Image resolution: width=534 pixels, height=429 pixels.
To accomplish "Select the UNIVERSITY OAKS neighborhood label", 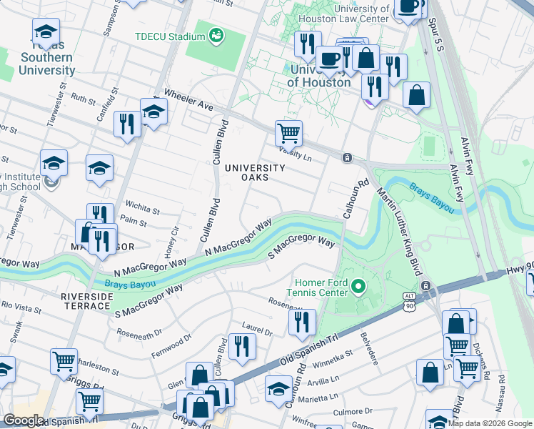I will pos(255,173).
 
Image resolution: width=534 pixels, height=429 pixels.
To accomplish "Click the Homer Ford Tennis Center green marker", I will pos(358,289).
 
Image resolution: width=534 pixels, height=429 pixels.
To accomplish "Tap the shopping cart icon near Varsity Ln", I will pos(288,132).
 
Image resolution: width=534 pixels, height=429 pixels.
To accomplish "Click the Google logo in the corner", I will pos(23,421).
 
